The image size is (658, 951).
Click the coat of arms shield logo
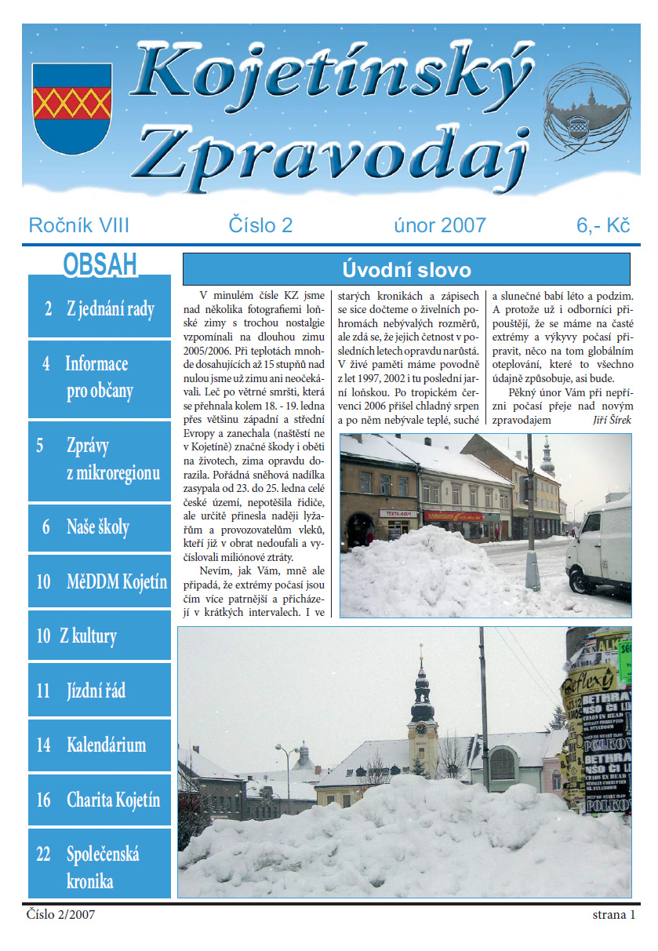point(72,107)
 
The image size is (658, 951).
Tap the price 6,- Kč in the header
point(603,226)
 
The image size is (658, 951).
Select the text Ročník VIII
point(78,226)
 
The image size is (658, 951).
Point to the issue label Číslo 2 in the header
point(260,226)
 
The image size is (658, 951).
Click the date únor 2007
point(439,226)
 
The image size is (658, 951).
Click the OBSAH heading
point(100,264)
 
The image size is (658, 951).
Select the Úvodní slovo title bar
point(406,270)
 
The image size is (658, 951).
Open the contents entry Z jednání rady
point(100,308)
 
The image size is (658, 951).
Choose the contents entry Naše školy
point(100,527)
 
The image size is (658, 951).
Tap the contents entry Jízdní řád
point(100,690)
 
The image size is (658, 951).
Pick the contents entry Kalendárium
point(100,745)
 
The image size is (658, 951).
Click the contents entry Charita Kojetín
point(100,800)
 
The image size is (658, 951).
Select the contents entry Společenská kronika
point(100,867)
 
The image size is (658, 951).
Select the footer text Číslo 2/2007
point(60,915)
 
